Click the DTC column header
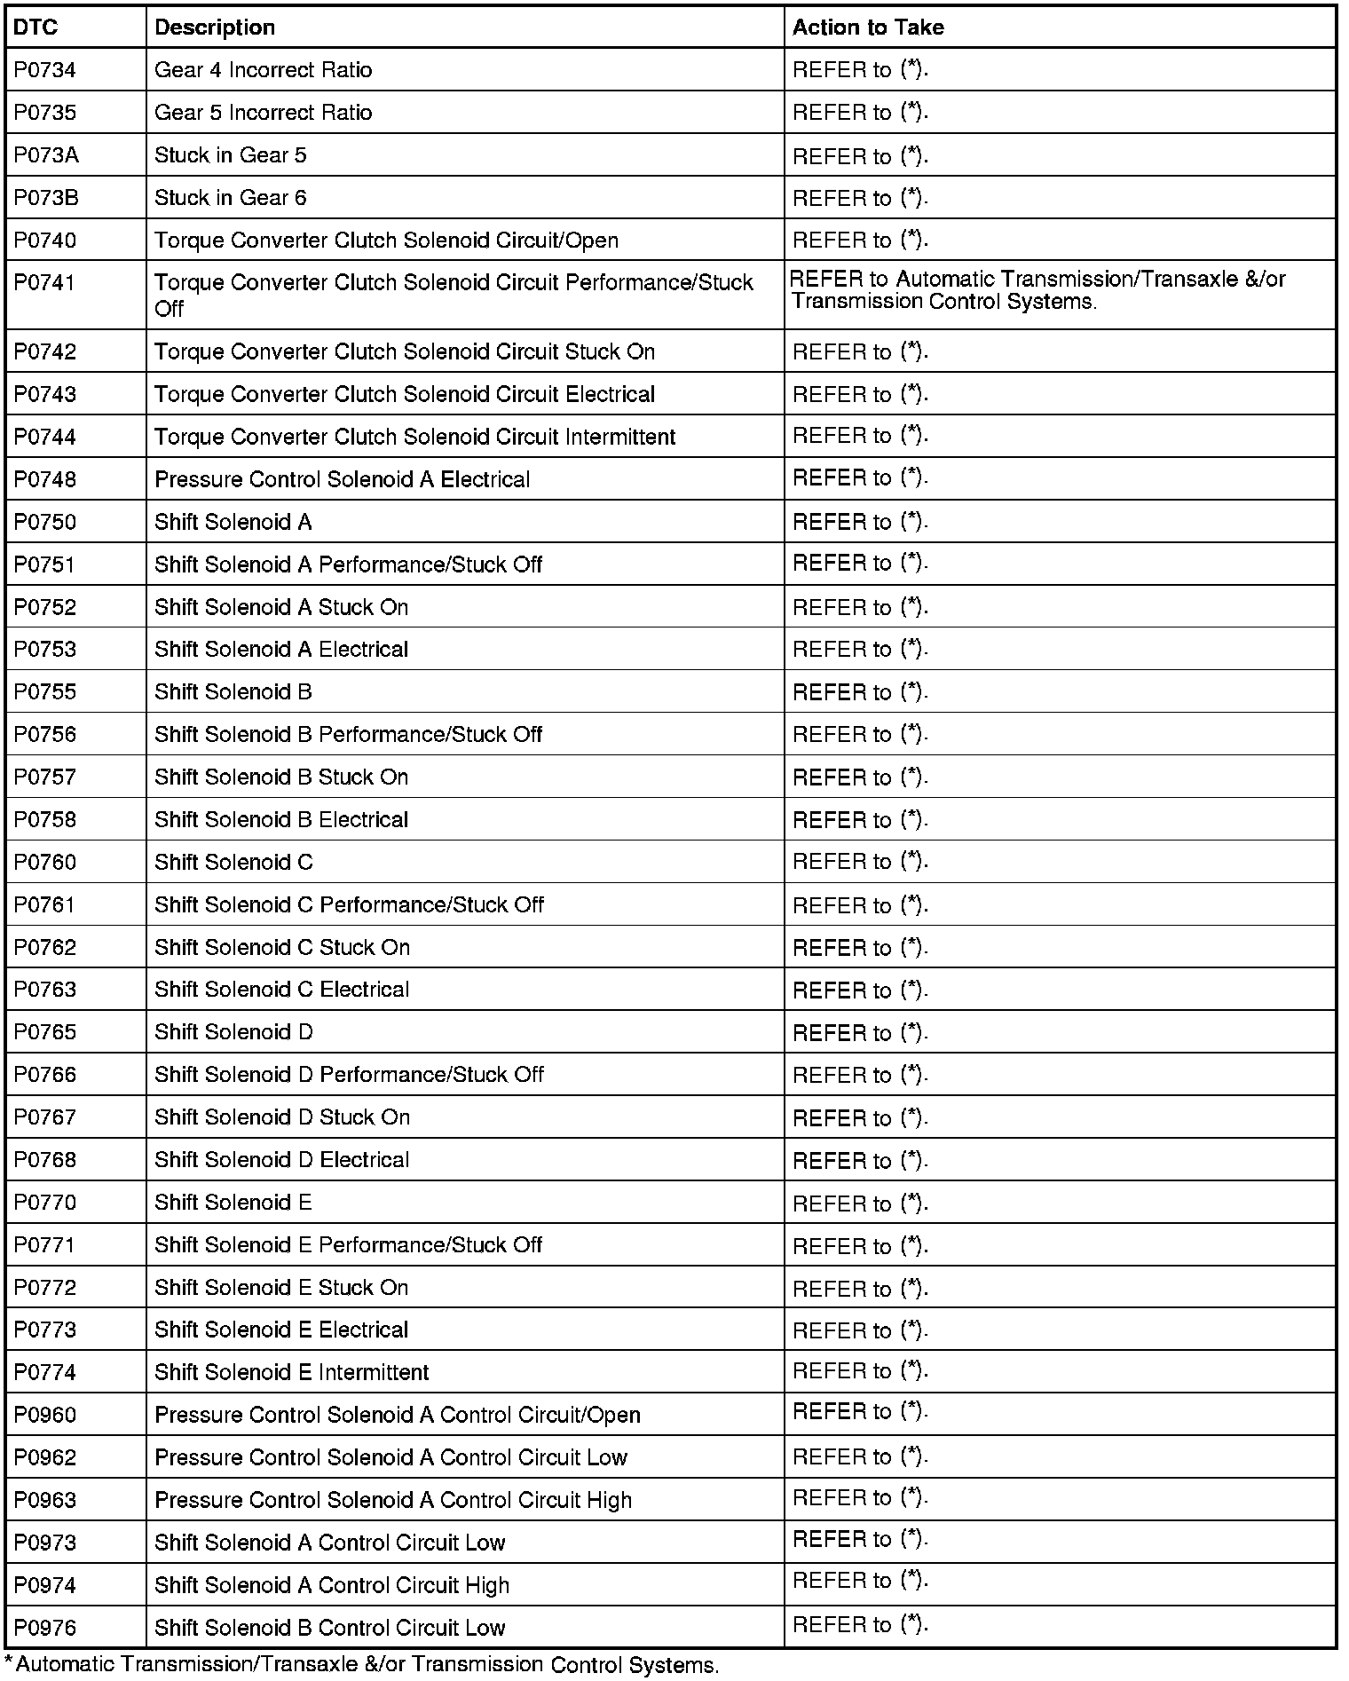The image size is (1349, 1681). [35, 28]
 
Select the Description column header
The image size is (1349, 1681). [215, 28]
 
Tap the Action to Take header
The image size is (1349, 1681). [868, 28]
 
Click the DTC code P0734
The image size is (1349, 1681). [44, 70]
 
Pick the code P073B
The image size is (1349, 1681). [46, 198]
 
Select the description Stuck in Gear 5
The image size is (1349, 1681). [231, 155]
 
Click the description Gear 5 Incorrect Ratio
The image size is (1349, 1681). [264, 113]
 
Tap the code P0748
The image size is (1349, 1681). [45, 480]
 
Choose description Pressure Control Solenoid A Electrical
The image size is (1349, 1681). [342, 480]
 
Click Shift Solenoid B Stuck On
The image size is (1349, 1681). [281, 777]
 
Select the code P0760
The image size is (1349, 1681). [45, 863]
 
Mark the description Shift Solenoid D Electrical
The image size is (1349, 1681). [281, 1160]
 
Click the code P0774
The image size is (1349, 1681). [45, 1373]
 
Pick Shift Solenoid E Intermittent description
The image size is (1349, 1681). [291, 1373]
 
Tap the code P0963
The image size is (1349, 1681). [45, 1501]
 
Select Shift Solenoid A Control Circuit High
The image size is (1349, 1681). [332, 1586]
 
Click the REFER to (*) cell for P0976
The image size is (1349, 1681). [860, 1626]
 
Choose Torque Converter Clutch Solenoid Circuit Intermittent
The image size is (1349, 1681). [414, 438]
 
